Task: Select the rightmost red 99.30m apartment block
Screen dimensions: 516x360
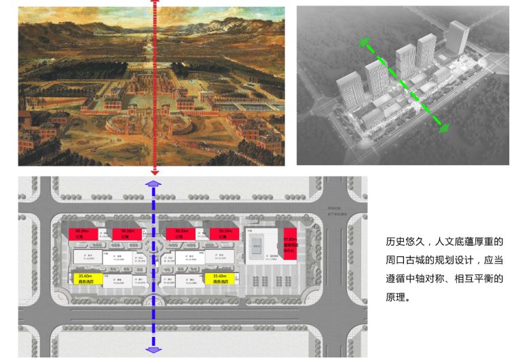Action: (x=222, y=234)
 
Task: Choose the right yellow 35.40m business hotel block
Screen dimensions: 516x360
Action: (x=219, y=278)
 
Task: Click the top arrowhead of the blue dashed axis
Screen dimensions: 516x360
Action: (x=153, y=183)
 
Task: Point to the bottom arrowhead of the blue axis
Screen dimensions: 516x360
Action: (x=153, y=348)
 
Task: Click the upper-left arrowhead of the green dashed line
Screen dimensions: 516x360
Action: (x=367, y=46)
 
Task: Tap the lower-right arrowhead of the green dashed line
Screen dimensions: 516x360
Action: (x=443, y=126)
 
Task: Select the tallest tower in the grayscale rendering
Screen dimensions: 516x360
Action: (x=458, y=39)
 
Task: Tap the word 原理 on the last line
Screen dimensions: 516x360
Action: (x=395, y=296)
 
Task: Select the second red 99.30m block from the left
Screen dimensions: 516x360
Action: (x=126, y=234)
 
